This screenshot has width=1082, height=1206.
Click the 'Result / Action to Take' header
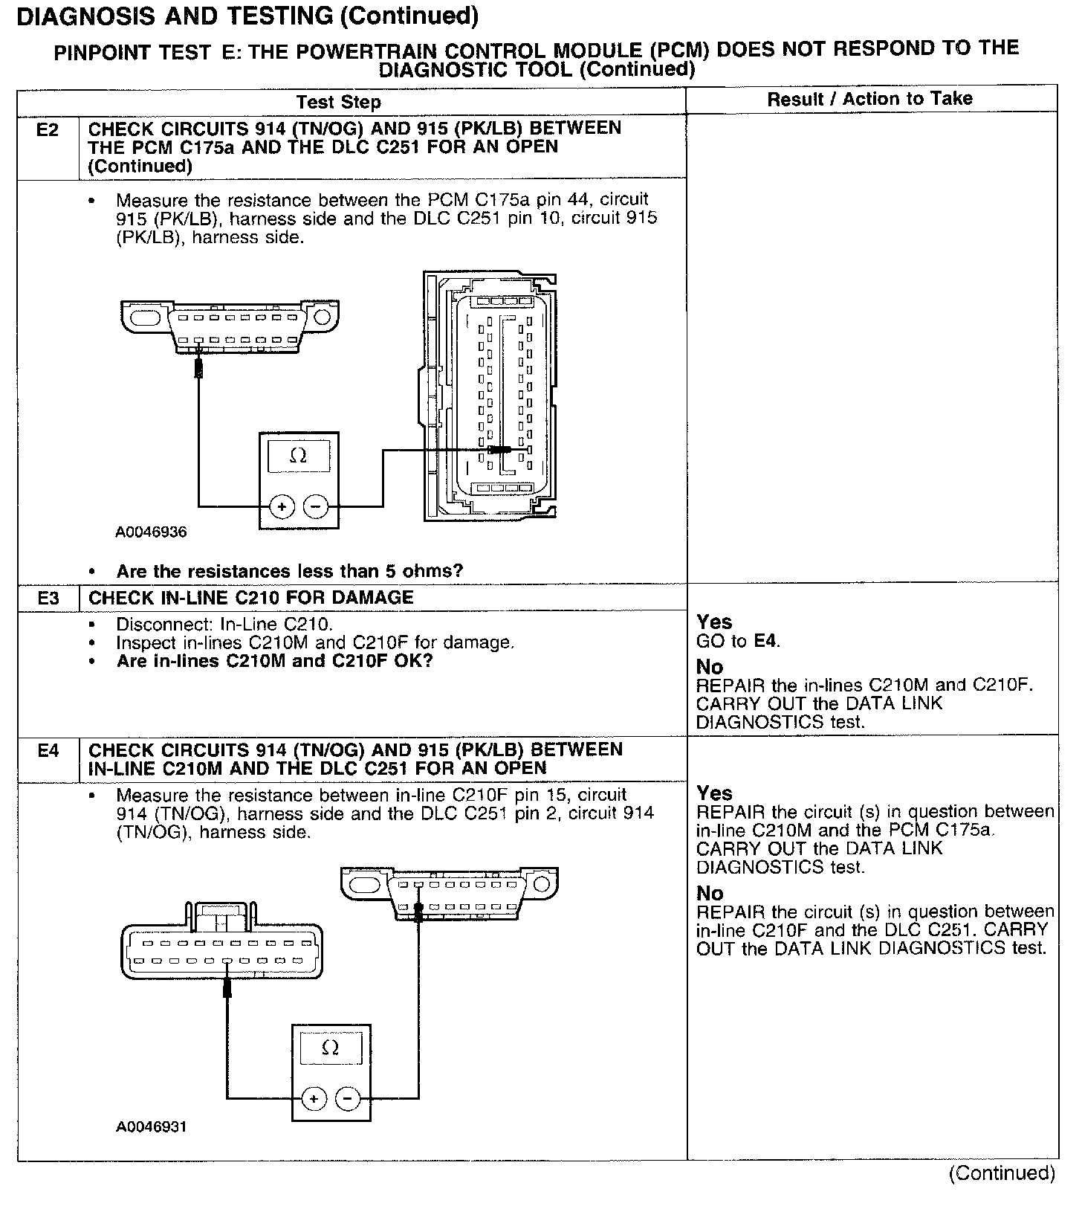click(x=869, y=98)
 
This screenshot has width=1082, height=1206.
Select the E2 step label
click(x=48, y=130)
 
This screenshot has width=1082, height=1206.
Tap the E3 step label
click(x=48, y=598)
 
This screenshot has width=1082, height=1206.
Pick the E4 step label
click(x=48, y=751)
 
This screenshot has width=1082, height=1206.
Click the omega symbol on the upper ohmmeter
click(x=298, y=455)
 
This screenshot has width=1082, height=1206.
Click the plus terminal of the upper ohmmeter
click(x=282, y=507)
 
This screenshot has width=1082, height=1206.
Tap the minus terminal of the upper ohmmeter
click(x=316, y=507)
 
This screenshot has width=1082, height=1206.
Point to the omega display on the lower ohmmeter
click(x=331, y=1048)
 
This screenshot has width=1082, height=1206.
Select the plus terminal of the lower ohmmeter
click(x=314, y=1099)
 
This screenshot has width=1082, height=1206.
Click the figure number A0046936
click(x=151, y=532)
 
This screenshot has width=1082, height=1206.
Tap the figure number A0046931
click(x=151, y=1126)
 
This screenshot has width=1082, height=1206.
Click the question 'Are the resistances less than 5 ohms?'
click(x=289, y=571)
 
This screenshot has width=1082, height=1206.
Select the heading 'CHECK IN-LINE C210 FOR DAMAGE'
click(x=250, y=598)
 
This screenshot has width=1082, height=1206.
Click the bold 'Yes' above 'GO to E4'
click(x=714, y=622)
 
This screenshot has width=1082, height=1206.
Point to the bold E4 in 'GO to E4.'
click(x=766, y=640)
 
